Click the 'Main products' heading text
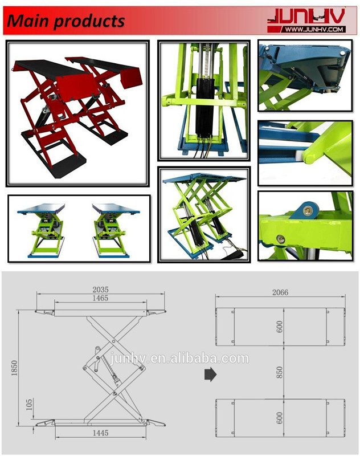click(x=66, y=21)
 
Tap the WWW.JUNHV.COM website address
click(x=314, y=29)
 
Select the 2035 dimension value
click(x=100, y=290)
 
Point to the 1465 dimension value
click(x=100, y=298)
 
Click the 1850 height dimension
click(x=14, y=368)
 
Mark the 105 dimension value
click(x=30, y=405)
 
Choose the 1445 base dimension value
click(x=100, y=433)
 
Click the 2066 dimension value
click(x=280, y=292)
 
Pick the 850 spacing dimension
click(x=279, y=373)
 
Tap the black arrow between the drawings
click(x=210, y=374)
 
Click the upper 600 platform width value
click(x=279, y=327)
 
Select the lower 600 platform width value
click(x=279, y=418)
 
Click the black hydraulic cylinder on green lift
click(x=206, y=107)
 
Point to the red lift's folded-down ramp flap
click(x=132, y=77)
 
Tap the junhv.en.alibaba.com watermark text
click(x=179, y=358)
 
